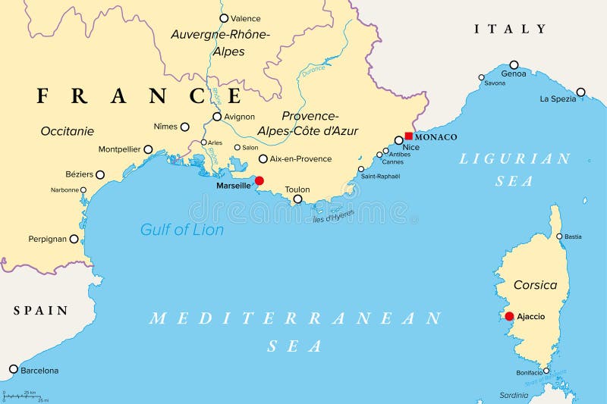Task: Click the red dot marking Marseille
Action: (259, 180)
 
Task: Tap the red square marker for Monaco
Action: (408, 136)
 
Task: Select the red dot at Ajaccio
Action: (509, 316)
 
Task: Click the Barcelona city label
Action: (39, 371)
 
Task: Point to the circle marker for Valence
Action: (223, 18)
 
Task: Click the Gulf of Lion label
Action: (182, 229)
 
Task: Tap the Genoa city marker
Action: (514, 64)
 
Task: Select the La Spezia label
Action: (558, 99)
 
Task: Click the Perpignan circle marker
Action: (74, 239)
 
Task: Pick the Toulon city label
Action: (297, 189)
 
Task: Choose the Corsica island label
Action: (535, 285)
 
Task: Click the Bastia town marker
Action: (560, 236)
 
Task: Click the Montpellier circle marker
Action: (148, 150)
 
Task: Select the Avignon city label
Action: (239, 117)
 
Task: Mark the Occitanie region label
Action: (67, 131)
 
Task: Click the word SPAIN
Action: (40, 311)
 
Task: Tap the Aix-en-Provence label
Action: (301, 159)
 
